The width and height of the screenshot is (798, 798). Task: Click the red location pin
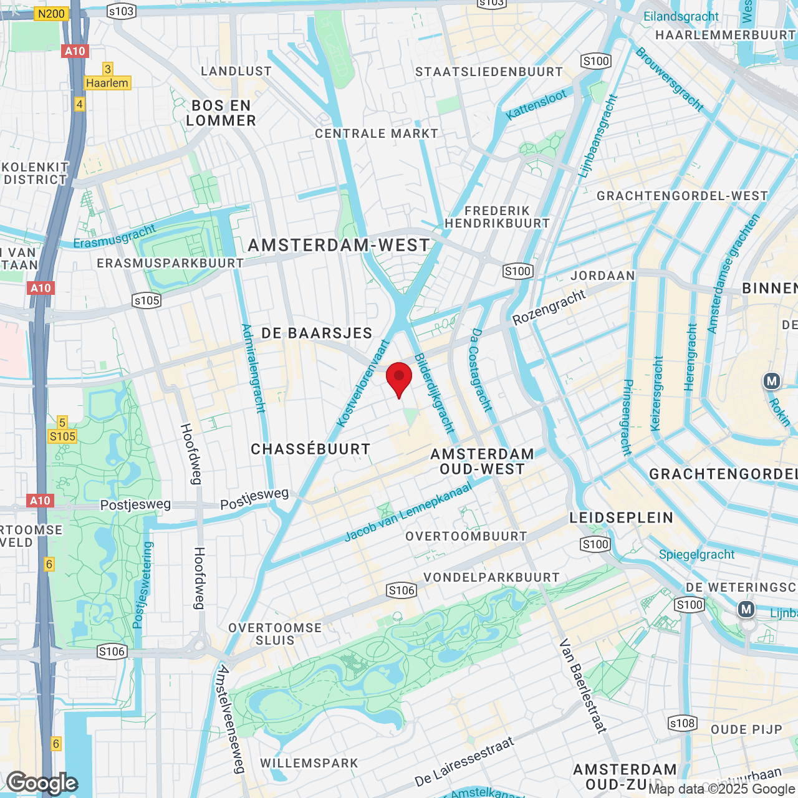tap(399, 378)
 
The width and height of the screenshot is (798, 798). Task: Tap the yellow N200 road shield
tap(51, 13)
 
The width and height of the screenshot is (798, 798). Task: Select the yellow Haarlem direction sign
tap(107, 83)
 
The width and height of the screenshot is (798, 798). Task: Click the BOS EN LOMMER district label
tap(221, 113)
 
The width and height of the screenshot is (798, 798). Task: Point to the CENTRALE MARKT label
tap(377, 133)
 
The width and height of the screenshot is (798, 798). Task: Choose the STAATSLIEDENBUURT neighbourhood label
tap(489, 72)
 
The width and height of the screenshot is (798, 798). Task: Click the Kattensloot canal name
tap(536, 105)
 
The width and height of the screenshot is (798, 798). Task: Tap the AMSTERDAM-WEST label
tap(339, 246)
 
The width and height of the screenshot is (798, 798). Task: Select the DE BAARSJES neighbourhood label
tap(317, 333)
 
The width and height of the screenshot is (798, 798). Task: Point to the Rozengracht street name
tap(549, 307)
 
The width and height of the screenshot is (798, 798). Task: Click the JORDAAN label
tap(603, 276)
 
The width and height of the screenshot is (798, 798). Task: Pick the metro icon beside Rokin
tap(772, 381)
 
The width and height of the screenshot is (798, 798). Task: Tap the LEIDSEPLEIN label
tap(622, 517)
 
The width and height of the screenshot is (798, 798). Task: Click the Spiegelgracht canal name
tap(696, 554)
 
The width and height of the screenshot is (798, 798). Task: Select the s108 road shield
tap(681, 723)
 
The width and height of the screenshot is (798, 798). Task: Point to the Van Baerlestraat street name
tap(583, 685)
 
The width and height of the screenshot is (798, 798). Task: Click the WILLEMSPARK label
tap(309, 763)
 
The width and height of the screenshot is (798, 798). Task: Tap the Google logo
tap(42, 783)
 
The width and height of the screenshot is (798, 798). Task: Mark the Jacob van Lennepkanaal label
tap(408, 512)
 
